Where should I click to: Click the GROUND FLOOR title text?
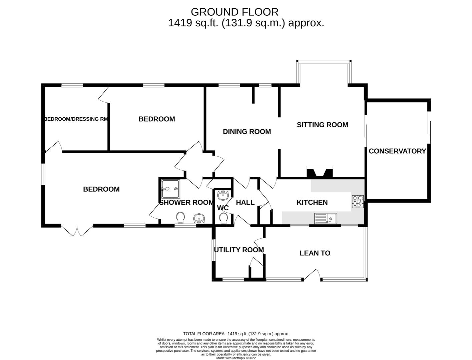(234, 12)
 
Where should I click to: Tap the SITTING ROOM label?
(322, 125)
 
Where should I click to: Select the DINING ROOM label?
(247, 132)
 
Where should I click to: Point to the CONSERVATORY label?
(397, 151)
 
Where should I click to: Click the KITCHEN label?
(312, 202)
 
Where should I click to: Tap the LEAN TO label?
(315, 253)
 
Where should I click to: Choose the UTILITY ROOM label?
(239, 250)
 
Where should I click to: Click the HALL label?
(245, 202)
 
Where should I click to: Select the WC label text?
(223, 208)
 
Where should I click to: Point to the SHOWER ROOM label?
(186, 202)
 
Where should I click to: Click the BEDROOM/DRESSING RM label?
(76, 119)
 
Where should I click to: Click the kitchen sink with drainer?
(326, 218)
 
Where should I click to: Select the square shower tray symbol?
(170, 189)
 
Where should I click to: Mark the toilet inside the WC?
(223, 218)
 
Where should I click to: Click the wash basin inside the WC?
(222, 194)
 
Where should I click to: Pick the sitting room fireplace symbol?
(320, 171)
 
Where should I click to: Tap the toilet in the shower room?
(180, 218)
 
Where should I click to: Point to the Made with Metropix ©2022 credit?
(236, 358)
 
